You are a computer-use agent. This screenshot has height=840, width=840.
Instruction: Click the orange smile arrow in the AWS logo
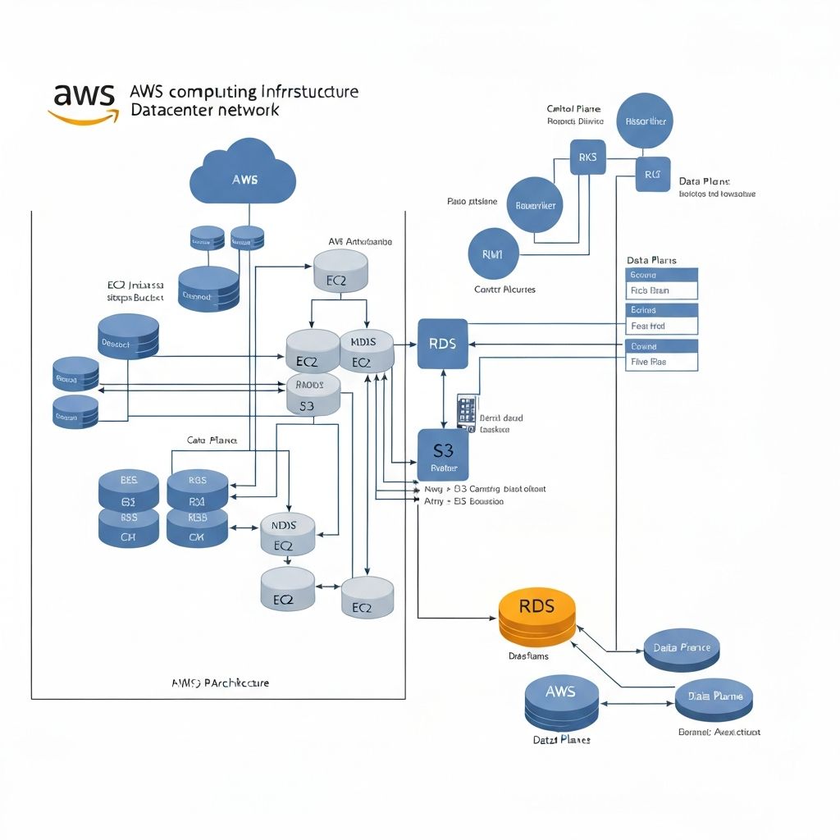[x=82, y=116]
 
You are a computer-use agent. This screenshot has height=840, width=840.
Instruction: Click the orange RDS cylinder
[x=537, y=617]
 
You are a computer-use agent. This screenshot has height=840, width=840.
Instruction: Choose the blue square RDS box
[x=443, y=344]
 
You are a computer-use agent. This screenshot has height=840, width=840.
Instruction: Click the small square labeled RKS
[x=587, y=157]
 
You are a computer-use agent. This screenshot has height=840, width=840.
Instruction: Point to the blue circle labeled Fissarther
[x=645, y=121]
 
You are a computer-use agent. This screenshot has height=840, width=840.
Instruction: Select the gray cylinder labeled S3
[x=313, y=396]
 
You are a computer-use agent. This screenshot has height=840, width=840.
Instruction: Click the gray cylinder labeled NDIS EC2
[x=287, y=534]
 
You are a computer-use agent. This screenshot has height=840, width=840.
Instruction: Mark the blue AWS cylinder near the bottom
[x=560, y=702]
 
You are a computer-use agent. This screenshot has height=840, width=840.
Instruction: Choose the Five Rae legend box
[x=661, y=361]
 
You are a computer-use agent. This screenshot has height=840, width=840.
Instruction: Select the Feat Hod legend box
[x=661, y=326]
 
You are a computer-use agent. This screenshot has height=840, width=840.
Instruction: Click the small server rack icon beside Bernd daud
[x=466, y=413]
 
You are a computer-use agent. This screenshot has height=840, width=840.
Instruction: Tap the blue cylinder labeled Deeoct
[x=128, y=336]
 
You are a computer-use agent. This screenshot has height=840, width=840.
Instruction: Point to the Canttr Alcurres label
[x=504, y=290]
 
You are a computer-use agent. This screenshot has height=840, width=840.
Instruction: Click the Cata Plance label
[x=212, y=441]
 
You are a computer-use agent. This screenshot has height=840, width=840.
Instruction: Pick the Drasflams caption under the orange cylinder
[x=528, y=656]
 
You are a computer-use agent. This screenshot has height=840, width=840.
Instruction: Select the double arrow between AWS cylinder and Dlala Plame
[x=638, y=703]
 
